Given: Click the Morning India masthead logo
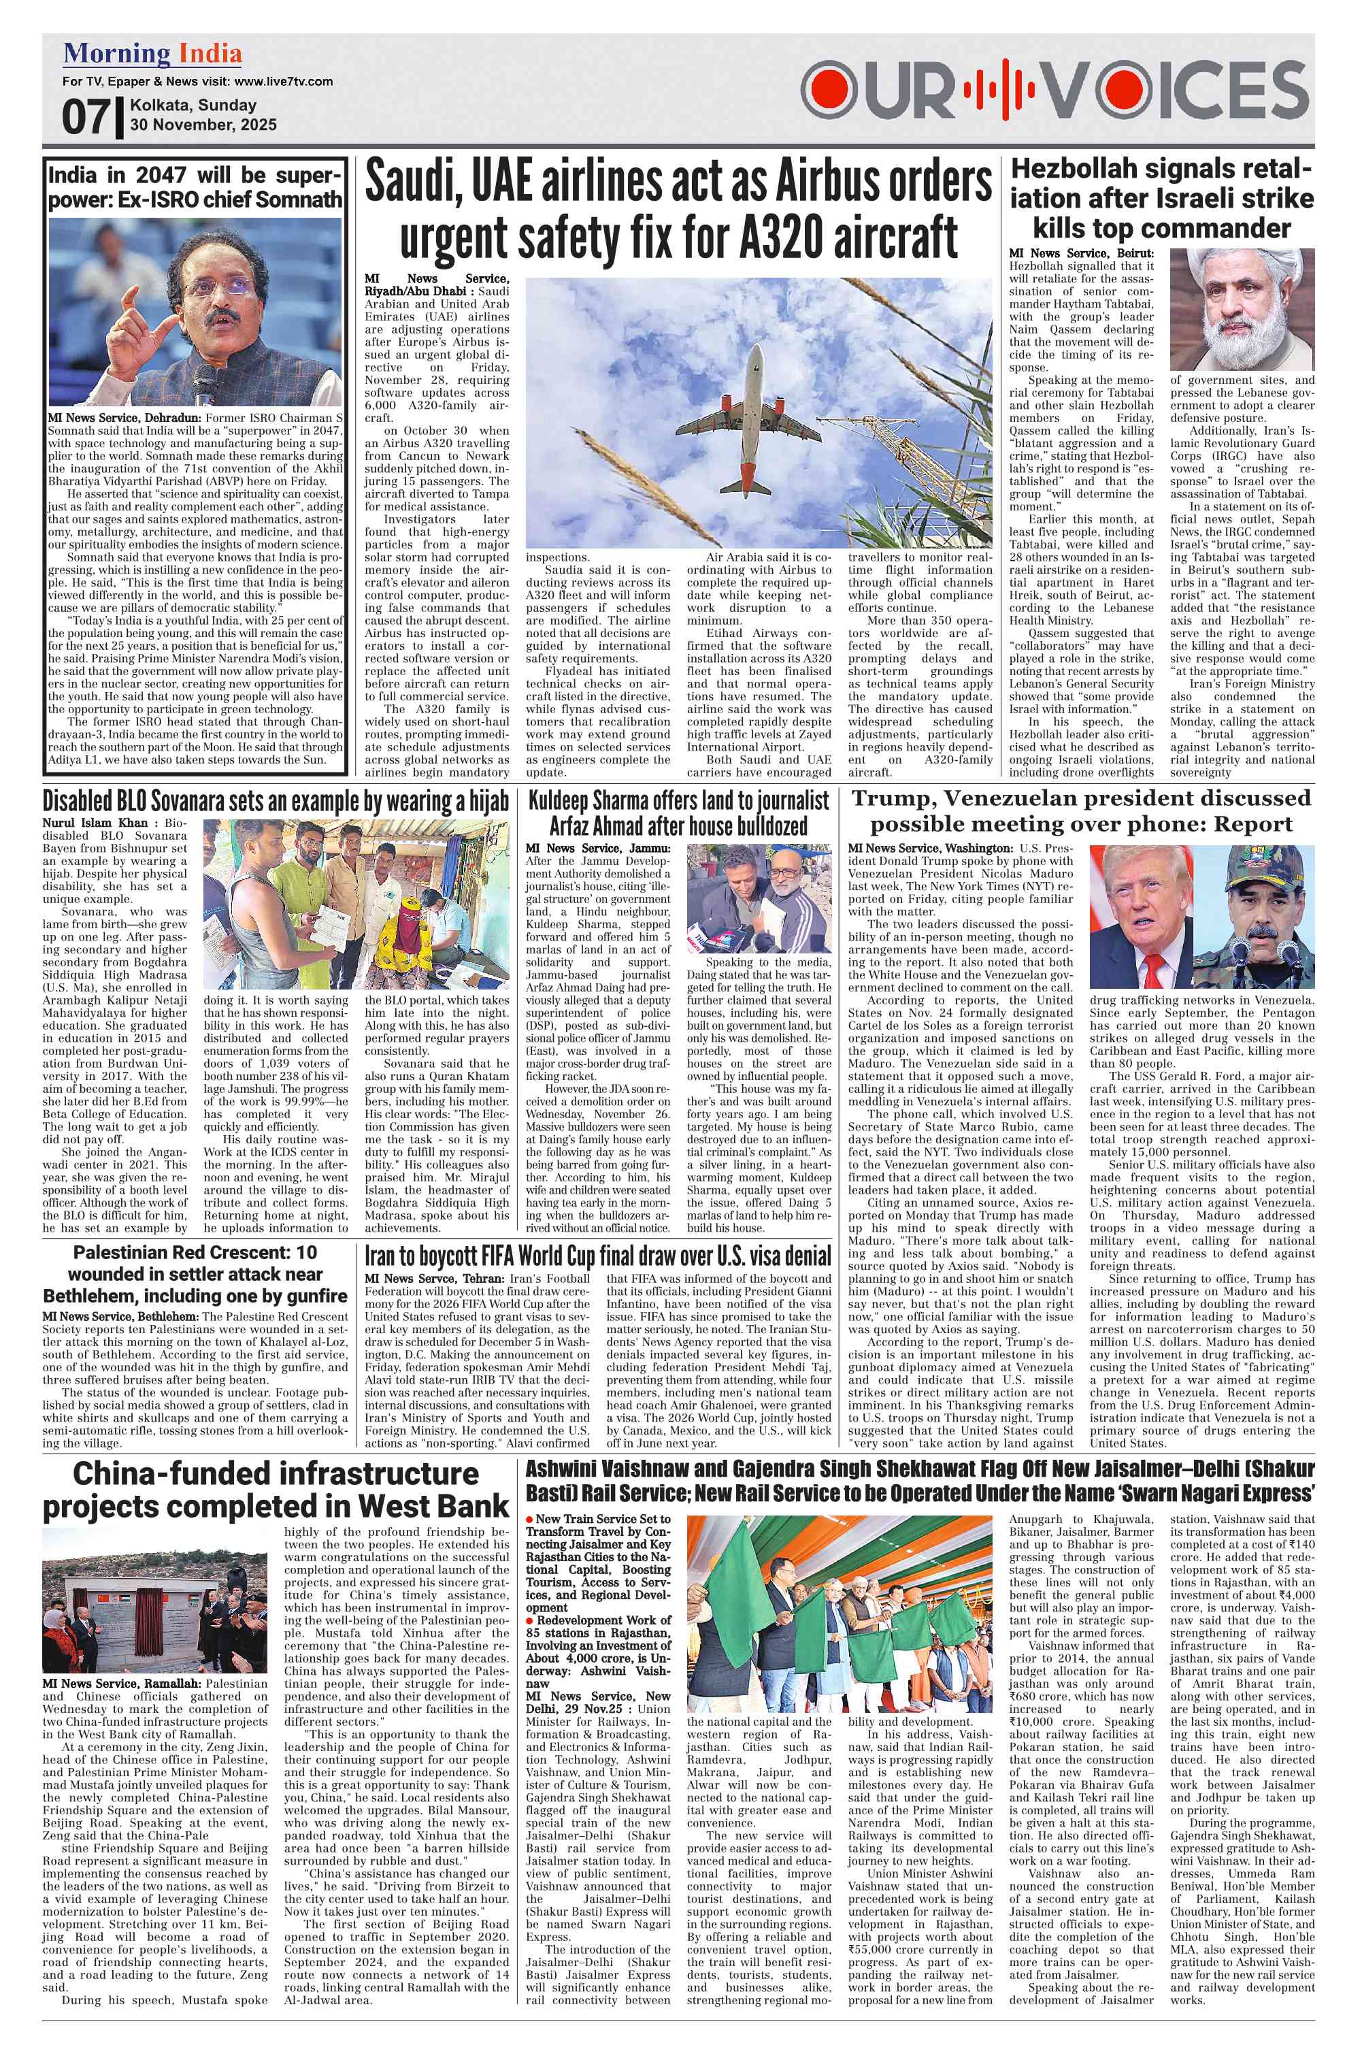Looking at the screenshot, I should click(x=152, y=54).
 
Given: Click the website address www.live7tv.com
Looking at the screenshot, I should click(x=283, y=82).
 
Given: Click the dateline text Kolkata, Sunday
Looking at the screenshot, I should click(x=193, y=105).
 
